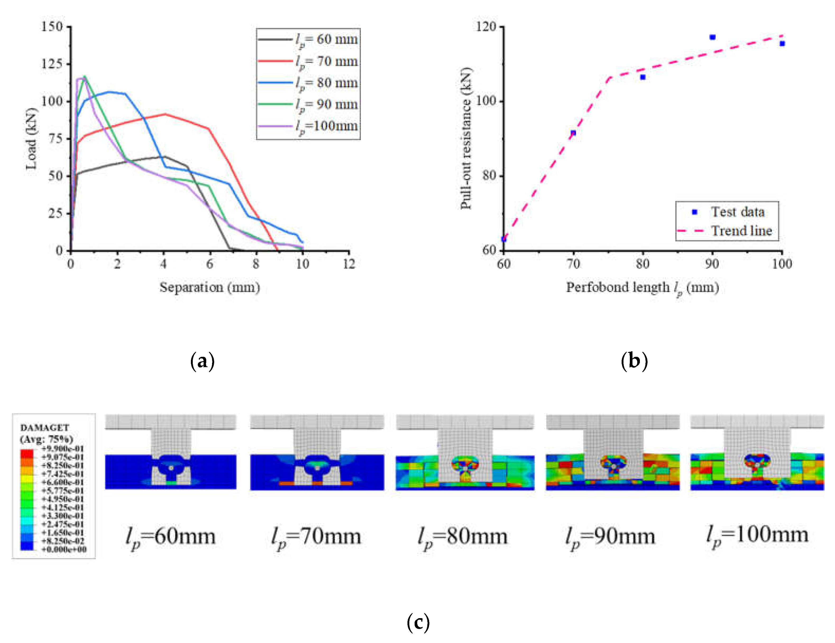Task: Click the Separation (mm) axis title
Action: click(209, 287)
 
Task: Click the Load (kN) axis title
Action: click(31, 139)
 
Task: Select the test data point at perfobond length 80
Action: click(643, 77)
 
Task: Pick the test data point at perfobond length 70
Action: click(573, 133)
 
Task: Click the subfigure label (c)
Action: click(418, 622)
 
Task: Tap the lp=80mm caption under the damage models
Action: click(463, 536)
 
